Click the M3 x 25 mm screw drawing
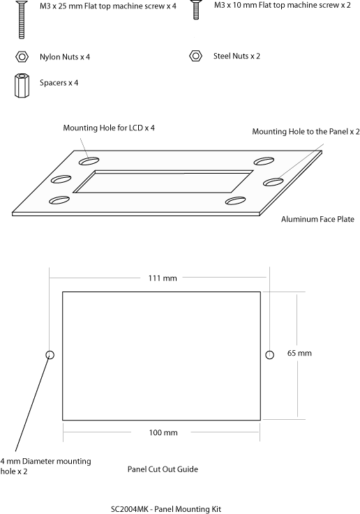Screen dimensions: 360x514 [22, 20]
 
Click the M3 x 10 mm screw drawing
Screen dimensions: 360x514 [196, 10]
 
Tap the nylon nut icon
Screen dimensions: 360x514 [22, 56]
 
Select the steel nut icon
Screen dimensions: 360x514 [196, 56]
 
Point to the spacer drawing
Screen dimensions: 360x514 [22, 85]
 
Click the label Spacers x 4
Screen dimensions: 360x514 [59, 82]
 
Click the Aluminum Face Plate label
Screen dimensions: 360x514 [317, 219]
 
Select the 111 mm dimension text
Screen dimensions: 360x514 [163, 278]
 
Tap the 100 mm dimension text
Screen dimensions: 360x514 [163, 432]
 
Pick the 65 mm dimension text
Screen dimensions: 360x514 [299, 353]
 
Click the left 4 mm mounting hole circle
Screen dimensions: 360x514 [50, 355]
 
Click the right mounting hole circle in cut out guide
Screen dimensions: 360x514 [269, 355]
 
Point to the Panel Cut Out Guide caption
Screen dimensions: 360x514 [163, 469]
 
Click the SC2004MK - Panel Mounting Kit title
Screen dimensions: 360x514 [166, 509]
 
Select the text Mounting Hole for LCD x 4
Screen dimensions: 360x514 [109, 128]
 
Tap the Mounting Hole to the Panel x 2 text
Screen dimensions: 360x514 [306, 131]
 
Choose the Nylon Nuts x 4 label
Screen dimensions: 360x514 [65, 56]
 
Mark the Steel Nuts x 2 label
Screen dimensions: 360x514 [237, 56]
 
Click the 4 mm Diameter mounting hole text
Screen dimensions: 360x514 [45, 466]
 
